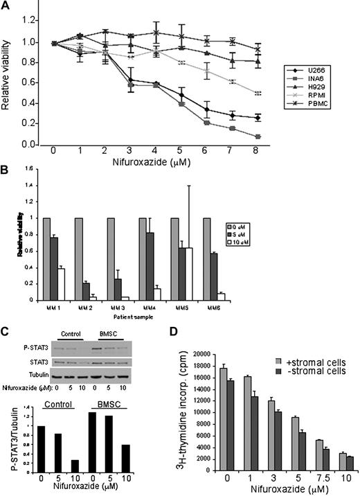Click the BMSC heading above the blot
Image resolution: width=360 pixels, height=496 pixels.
pos(106,333)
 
